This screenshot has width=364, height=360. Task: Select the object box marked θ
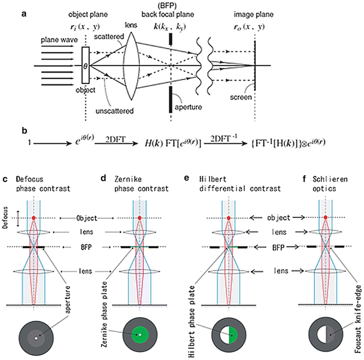pyautogui.click(x=85, y=65)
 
